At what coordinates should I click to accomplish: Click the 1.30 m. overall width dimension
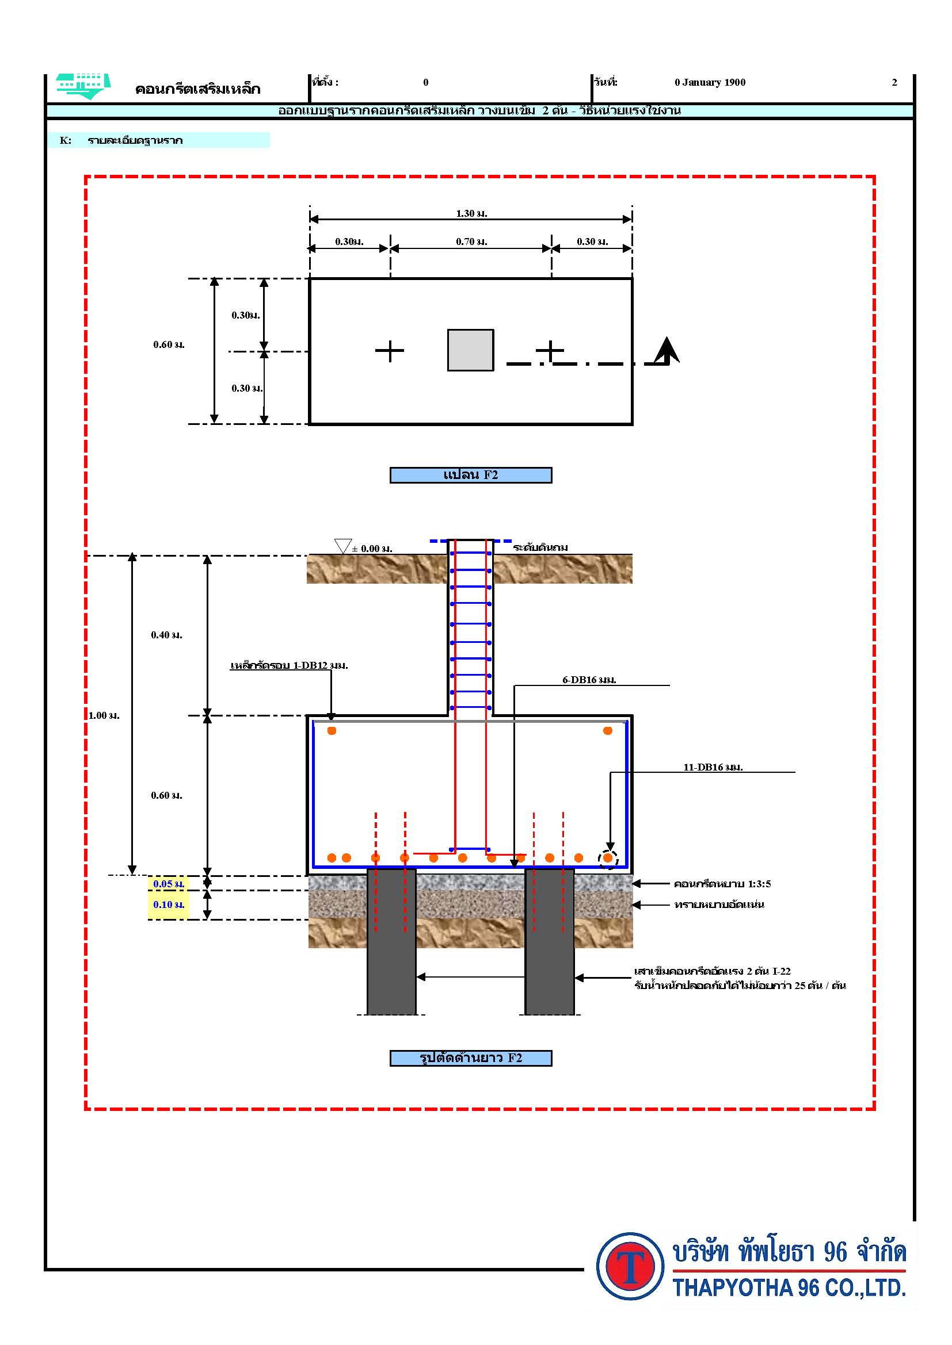[471, 213]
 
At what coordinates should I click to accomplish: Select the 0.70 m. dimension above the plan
[471, 242]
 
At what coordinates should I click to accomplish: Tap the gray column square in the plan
[470, 350]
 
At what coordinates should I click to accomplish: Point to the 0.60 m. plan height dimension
[169, 344]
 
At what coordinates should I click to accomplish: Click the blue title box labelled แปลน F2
[471, 475]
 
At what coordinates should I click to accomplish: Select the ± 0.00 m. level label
[372, 549]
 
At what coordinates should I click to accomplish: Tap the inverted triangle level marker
[342, 545]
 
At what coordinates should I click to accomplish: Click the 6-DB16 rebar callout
[589, 680]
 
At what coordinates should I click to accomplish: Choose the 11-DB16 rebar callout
[713, 767]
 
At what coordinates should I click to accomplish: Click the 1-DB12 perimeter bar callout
[289, 665]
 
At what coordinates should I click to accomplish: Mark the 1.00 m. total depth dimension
[104, 715]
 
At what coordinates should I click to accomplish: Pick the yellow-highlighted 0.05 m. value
[169, 883]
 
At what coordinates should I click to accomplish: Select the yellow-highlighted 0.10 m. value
[169, 905]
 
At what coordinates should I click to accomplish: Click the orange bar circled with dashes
[608, 858]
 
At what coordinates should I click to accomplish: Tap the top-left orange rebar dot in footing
[332, 730]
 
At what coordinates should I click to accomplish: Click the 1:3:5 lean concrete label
[722, 883]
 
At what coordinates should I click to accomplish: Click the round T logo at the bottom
[630, 1265]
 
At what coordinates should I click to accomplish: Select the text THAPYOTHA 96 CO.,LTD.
[789, 1287]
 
